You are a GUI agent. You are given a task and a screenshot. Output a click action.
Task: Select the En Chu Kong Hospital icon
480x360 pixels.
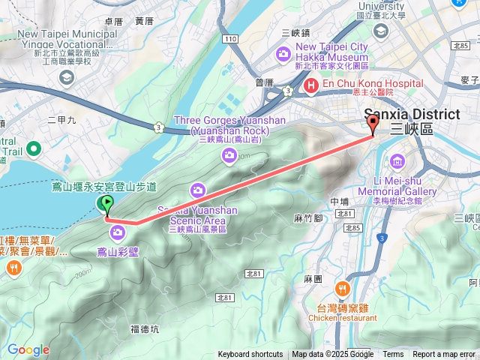click(309, 86)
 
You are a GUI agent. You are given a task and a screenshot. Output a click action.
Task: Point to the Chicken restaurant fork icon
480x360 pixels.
click(343, 289)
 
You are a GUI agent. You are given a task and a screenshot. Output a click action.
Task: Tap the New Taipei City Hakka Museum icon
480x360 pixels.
click(283, 53)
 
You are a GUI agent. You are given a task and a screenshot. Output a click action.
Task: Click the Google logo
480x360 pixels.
click(28, 349)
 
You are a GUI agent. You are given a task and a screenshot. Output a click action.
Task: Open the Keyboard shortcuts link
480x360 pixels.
click(250, 355)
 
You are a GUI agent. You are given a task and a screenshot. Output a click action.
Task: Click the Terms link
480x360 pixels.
click(393, 355)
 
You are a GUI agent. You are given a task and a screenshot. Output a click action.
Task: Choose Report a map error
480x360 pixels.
click(443, 355)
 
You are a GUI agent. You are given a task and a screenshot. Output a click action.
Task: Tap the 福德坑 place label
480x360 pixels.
click(145, 328)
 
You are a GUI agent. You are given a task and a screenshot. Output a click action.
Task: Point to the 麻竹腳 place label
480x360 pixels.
click(307, 218)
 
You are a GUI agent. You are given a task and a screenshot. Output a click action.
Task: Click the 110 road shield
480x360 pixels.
click(230, 38)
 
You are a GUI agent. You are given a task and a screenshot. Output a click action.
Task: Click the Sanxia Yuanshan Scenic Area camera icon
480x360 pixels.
click(198, 190)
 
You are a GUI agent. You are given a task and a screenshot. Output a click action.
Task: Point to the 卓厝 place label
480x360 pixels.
click(114, 22)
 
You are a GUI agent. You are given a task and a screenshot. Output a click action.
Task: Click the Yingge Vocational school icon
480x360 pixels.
click(66, 76)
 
